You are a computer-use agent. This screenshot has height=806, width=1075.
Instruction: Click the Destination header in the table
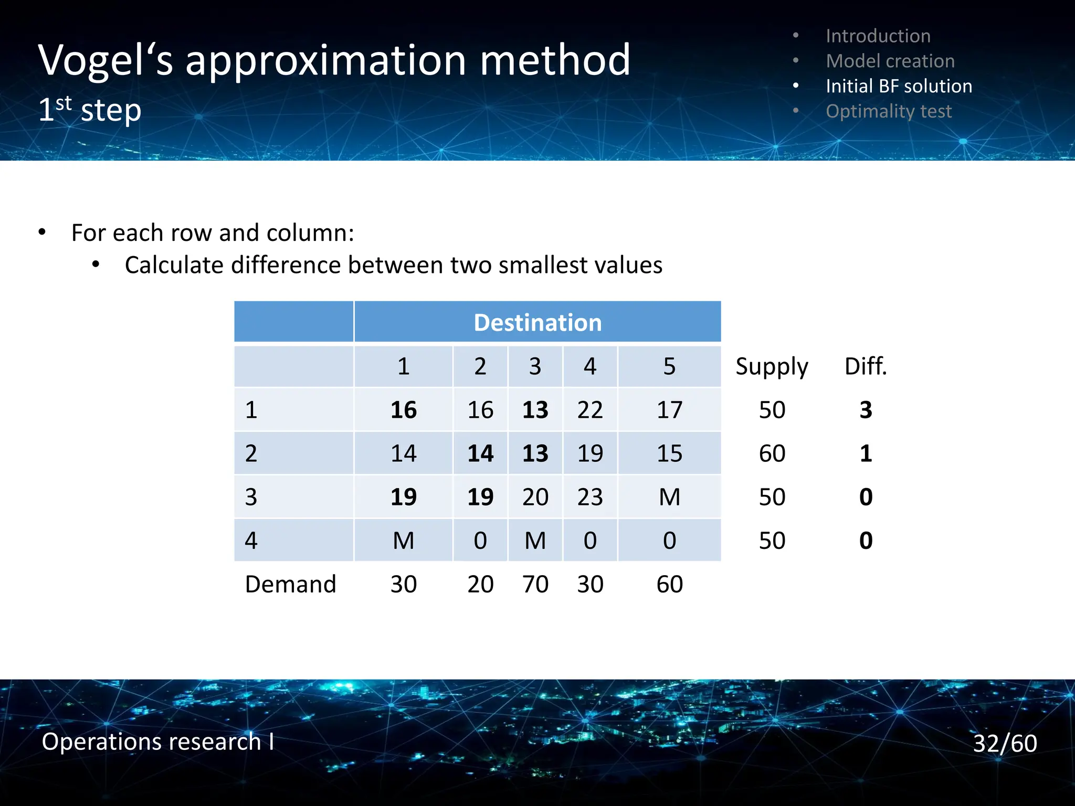click(x=537, y=322)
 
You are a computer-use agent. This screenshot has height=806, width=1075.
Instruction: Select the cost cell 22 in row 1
click(x=590, y=410)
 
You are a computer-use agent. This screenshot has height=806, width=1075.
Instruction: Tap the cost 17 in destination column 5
click(x=669, y=410)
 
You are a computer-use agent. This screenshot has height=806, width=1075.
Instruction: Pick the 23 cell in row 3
click(x=590, y=497)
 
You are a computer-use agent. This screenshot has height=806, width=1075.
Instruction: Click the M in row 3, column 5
click(x=669, y=497)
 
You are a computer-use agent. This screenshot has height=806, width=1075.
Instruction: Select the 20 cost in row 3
click(x=535, y=497)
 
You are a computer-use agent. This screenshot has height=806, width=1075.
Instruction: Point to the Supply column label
click(x=772, y=366)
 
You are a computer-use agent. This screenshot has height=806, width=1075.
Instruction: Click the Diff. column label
click(x=866, y=366)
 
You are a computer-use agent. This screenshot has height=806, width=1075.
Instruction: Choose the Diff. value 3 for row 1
click(x=866, y=410)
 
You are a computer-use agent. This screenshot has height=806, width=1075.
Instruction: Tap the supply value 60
click(x=772, y=453)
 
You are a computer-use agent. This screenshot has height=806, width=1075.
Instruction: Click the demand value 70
click(x=535, y=584)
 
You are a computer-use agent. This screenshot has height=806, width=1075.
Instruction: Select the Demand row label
click(x=290, y=584)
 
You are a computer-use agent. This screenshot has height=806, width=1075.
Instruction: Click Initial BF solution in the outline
click(x=899, y=86)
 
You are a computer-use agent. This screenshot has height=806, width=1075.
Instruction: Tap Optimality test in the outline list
click(x=888, y=111)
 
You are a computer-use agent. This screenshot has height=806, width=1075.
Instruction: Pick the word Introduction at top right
click(x=878, y=36)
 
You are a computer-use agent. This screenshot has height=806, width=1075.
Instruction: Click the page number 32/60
click(x=1005, y=743)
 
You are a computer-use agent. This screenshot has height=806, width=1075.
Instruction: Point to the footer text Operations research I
click(x=157, y=741)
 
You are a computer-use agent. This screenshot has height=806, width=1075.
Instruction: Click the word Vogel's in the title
click(x=106, y=61)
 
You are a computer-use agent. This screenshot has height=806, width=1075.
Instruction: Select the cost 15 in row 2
click(x=669, y=453)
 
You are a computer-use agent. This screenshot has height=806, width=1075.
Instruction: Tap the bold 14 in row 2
click(x=480, y=453)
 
